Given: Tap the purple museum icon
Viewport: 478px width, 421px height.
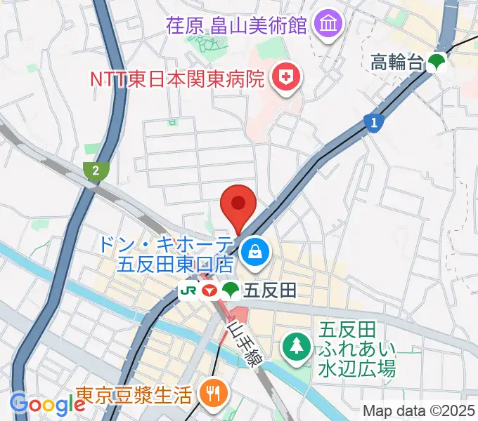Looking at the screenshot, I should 327,26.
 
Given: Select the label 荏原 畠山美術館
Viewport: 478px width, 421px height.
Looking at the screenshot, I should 237,26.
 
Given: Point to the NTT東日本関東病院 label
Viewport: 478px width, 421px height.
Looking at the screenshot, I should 176,78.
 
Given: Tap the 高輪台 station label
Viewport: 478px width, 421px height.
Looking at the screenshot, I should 397,63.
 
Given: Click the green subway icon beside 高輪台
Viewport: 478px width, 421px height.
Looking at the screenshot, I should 437,63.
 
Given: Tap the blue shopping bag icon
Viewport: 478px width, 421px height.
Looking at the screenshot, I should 252,250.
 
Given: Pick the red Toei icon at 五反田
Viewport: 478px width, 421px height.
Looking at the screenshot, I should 209,289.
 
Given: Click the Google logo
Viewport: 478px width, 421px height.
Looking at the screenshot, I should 47,404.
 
